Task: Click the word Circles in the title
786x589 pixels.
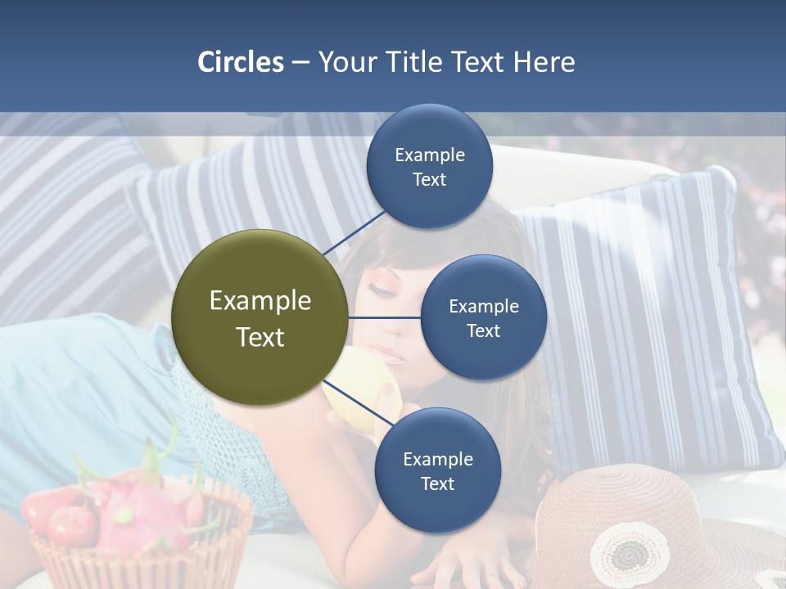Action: [240, 62]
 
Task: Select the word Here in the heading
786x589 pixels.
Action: [544, 62]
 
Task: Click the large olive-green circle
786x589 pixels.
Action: [260, 317]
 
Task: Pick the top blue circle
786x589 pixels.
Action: [430, 166]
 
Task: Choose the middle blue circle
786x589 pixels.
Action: [483, 317]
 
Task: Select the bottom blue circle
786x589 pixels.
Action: [437, 470]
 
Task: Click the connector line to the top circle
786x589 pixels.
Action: [355, 232]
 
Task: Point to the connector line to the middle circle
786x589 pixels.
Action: [385, 317]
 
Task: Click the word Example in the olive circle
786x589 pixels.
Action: [260, 301]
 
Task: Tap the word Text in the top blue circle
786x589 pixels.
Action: [430, 179]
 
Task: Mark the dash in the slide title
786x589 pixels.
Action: [300, 62]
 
